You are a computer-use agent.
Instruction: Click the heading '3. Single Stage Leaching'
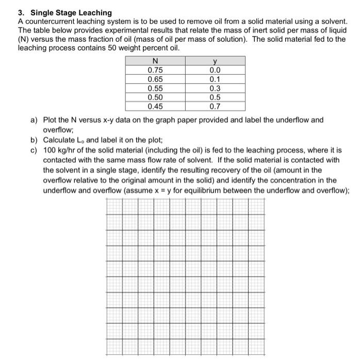pos(64,12)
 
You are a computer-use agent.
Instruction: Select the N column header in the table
pos(155,62)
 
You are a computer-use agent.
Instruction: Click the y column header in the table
pos(215,62)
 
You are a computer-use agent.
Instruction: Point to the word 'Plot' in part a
pos(50,120)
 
